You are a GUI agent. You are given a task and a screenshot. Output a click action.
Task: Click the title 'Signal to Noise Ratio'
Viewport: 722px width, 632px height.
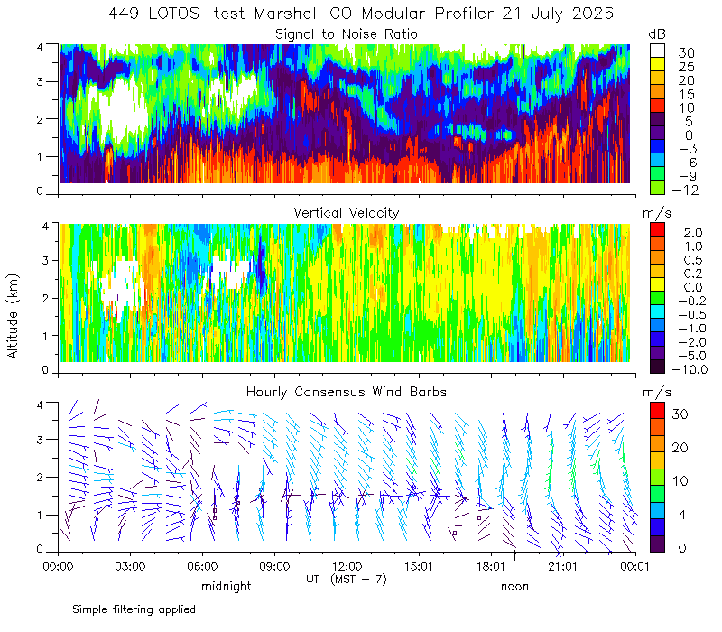347,34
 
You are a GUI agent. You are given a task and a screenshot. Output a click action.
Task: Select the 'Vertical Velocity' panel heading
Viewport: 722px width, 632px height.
347,213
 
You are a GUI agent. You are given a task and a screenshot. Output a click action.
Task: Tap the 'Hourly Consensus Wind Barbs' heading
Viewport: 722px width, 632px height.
347,392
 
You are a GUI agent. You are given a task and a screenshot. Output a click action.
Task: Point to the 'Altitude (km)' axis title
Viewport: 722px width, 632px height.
13,316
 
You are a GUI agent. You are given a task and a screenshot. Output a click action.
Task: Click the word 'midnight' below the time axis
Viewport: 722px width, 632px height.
227,586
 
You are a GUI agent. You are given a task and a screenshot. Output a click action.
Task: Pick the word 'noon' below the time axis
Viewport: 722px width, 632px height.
514,586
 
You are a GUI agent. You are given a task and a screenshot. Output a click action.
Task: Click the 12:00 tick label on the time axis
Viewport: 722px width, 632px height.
347,566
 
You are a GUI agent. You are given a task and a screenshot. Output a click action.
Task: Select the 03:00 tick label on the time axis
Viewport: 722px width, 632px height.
130,566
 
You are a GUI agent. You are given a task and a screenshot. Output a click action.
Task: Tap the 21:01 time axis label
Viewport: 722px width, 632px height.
562,566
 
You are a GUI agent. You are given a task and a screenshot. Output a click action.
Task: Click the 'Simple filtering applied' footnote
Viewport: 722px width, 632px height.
134,609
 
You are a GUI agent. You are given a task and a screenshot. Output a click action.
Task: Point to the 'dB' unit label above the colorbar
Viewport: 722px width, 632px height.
657,34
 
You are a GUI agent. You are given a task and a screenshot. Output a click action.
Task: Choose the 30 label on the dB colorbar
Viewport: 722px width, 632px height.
686,53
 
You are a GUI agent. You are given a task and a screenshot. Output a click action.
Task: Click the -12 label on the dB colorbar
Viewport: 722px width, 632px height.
685,190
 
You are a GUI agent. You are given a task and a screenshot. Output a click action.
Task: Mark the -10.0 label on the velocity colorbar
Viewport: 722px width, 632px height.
690,369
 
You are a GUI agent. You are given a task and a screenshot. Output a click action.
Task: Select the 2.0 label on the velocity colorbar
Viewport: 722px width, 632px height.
693,233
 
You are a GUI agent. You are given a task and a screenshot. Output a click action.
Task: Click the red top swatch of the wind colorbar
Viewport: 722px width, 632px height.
657,410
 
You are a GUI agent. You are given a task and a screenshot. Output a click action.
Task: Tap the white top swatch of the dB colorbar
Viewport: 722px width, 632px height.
657,51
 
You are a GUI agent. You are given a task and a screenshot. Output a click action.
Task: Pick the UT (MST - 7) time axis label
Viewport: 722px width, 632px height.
347,579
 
